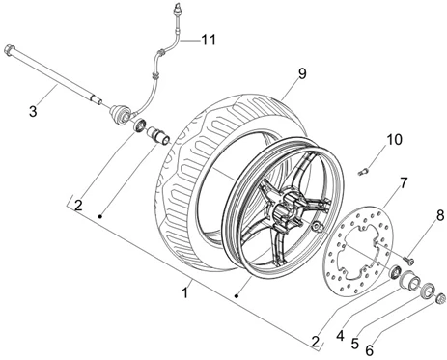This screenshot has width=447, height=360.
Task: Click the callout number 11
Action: pyautogui.click(x=209, y=40)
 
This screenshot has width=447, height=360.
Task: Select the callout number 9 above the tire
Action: pyautogui.click(x=302, y=73)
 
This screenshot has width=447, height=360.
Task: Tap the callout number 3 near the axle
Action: pyautogui.click(x=33, y=112)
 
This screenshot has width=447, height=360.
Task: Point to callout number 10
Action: pyautogui.click(x=394, y=140)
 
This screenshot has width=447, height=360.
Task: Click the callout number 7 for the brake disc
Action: pyautogui.click(x=404, y=183)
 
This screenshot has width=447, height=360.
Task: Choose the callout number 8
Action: pyautogui.click(x=440, y=215)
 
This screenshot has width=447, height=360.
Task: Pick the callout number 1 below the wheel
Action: pyautogui.click(x=184, y=292)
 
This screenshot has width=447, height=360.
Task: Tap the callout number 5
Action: pyautogui.click(x=355, y=344)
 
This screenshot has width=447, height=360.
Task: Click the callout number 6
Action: pyautogui.click(x=369, y=349)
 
